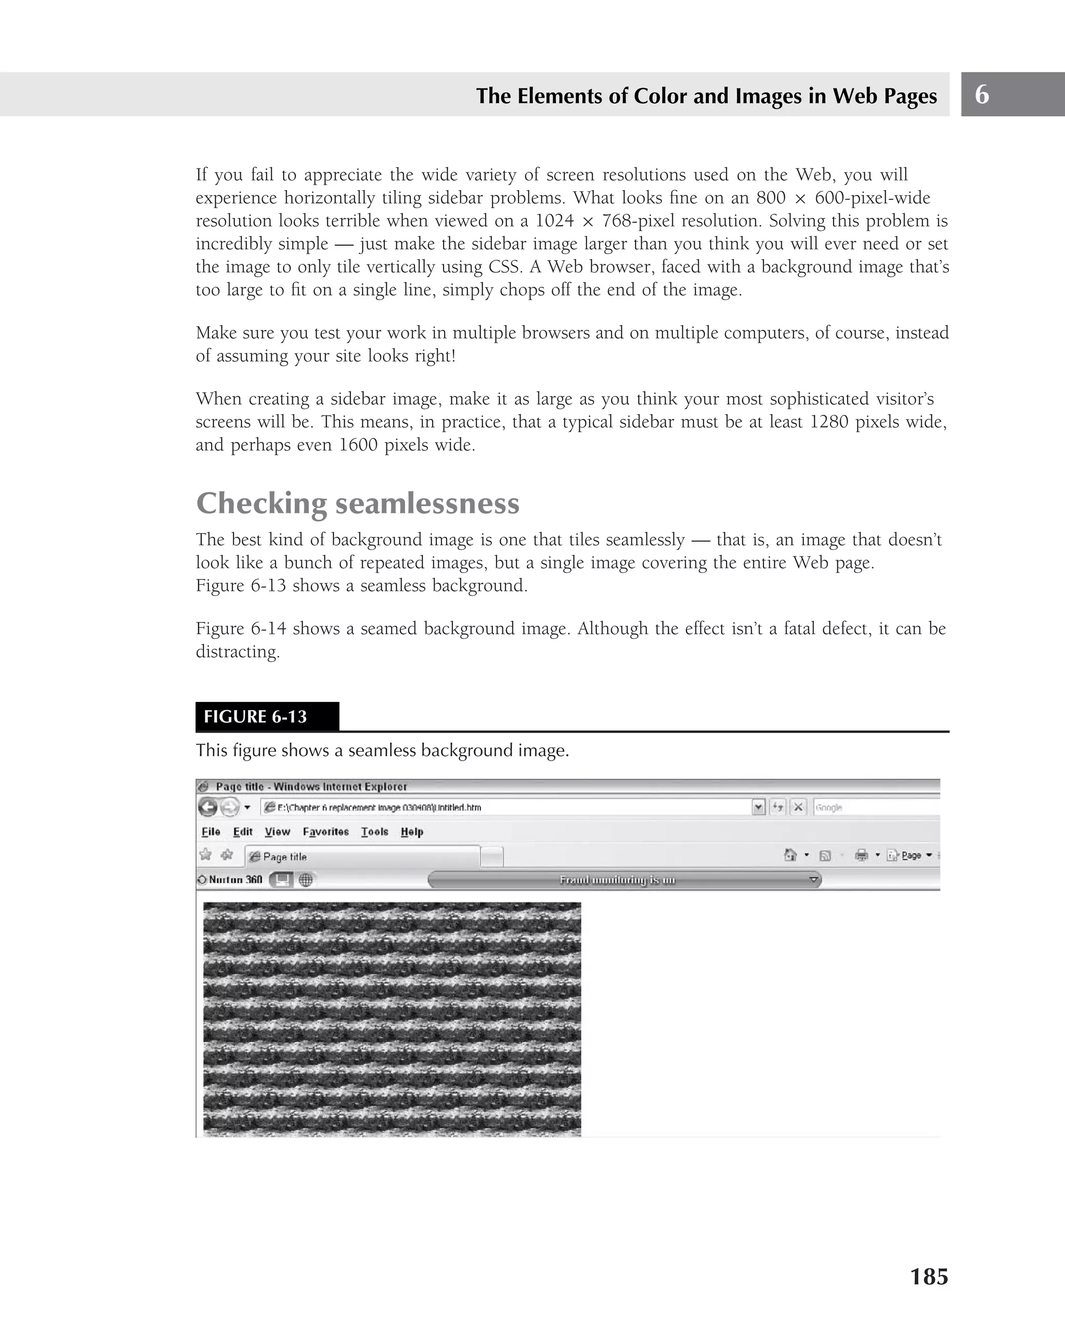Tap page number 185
(928, 1276)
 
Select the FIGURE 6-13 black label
(267, 716)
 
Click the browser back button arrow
(208, 807)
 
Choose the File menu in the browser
(211, 831)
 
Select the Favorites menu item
(326, 831)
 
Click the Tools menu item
(374, 831)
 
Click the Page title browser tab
(362, 856)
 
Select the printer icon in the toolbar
(861, 855)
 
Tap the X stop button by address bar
(798, 807)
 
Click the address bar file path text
(379, 807)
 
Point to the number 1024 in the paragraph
(554, 221)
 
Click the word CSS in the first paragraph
(502, 266)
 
